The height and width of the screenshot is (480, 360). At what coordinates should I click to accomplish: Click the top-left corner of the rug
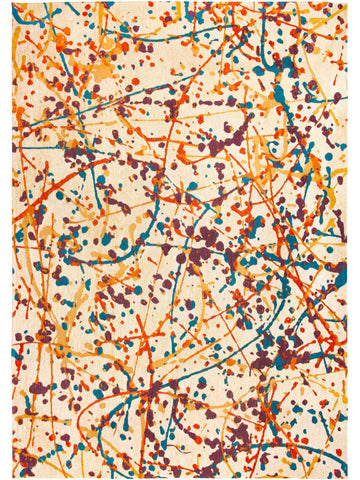pyautogui.click(x=13, y=3)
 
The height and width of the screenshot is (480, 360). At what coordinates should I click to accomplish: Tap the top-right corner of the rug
pyautogui.click(x=347, y=3)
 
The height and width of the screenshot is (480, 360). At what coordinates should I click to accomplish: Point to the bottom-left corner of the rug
pyautogui.click(x=13, y=477)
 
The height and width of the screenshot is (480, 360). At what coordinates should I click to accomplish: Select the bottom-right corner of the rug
pyautogui.click(x=347, y=477)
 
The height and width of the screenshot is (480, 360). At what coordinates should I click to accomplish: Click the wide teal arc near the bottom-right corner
pyautogui.click(x=300, y=440)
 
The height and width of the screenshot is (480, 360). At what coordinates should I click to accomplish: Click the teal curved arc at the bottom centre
pyautogui.click(x=180, y=450)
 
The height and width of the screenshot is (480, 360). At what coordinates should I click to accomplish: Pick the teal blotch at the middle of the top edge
pyautogui.click(x=180, y=10)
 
